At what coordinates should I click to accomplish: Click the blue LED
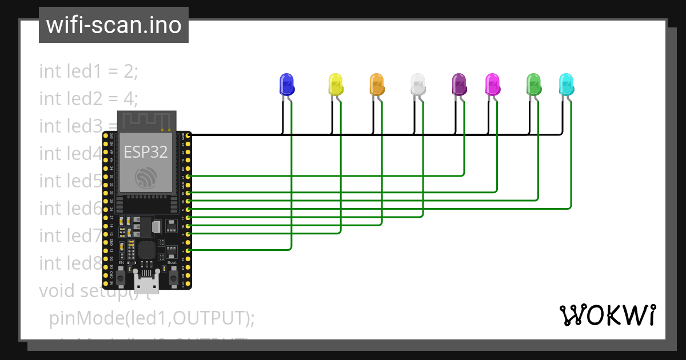[286, 84]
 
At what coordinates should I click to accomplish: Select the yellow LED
[336, 84]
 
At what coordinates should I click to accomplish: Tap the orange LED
[376, 84]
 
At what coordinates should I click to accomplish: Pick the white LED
[418, 84]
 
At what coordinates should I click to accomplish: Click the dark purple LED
[459, 84]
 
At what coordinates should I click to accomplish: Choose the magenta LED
[492, 84]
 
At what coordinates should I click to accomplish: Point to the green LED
[533, 84]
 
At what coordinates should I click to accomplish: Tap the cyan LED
[566, 84]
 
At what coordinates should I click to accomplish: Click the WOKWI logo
[607, 315]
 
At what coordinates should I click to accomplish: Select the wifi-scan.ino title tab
[114, 25]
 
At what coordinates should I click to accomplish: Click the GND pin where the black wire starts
[189, 135]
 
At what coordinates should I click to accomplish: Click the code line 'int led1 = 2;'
[89, 71]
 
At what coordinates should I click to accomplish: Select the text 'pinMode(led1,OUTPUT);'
[151, 318]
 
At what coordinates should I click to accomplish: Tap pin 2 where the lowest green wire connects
[189, 250]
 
